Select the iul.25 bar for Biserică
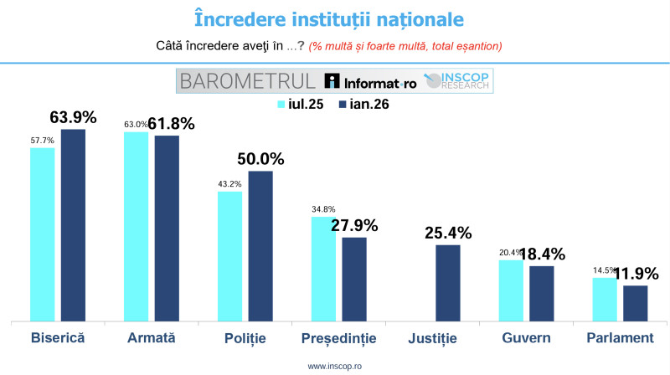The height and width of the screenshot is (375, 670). (43, 234)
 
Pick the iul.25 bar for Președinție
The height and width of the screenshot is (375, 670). (323, 268)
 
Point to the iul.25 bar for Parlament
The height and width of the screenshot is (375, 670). (605, 299)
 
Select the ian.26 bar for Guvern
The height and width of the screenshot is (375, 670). (541, 293)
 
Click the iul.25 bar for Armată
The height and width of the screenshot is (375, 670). (137, 226)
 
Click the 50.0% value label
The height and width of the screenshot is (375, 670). (260, 158)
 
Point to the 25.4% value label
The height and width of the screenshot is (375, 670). (448, 232)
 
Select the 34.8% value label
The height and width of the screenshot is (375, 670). (323, 208)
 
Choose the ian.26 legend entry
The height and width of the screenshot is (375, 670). (363, 105)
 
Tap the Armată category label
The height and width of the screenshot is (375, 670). (151, 337)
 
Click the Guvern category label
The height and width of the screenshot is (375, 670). (526, 337)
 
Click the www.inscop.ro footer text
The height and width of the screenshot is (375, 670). (334, 367)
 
